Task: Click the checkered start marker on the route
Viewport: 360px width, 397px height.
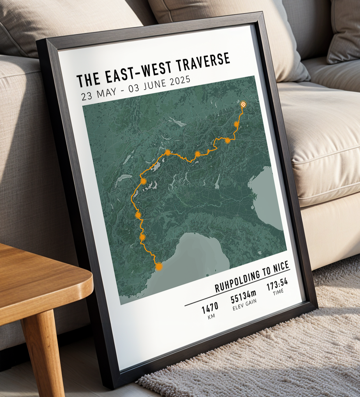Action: (x=244, y=104)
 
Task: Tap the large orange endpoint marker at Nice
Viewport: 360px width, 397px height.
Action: (x=159, y=266)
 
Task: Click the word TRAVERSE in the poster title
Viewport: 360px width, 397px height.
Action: (x=203, y=62)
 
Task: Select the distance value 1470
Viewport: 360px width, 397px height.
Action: (x=210, y=309)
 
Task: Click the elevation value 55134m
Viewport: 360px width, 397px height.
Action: (x=243, y=296)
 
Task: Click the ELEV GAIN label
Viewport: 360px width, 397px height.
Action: (x=244, y=305)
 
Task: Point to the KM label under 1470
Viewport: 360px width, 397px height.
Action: (x=211, y=316)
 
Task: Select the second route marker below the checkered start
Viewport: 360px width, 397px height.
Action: (x=227, y=141)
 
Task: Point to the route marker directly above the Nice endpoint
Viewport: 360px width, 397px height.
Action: (x=142, y=237)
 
